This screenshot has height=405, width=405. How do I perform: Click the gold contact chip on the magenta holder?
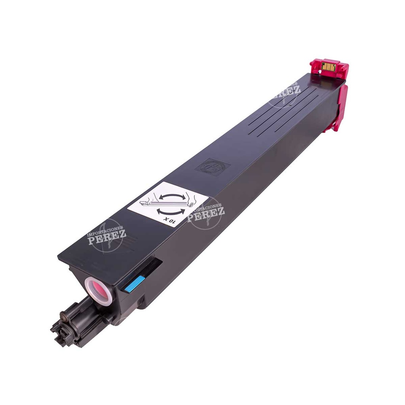click(x=328, y=66)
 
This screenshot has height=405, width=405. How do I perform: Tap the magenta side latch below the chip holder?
click(x=339, y=107)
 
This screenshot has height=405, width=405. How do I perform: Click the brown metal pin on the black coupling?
click(x=62, y=316)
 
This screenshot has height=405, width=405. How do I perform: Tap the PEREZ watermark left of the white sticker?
click(x=107, y=237)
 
